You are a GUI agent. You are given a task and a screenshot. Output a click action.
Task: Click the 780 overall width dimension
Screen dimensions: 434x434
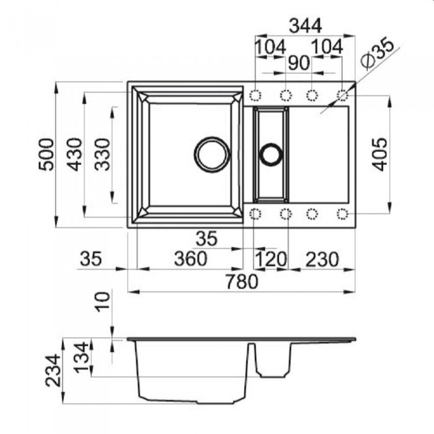click(x=242, y=281)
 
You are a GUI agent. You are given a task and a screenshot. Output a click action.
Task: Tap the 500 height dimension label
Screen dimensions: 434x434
click(x=46, y=154)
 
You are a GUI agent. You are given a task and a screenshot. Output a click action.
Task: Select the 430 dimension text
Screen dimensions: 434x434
click(x=74, y=154)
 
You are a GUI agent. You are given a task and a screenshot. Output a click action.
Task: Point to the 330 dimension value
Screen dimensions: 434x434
click(x=102, y=154)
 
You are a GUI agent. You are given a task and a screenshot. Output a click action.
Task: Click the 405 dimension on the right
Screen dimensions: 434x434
click(x=379, y=154)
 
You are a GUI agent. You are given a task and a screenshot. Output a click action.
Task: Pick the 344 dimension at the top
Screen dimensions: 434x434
click(x=305, y=26)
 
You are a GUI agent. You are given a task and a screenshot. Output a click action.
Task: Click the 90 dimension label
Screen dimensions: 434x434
click(x=299, y=63)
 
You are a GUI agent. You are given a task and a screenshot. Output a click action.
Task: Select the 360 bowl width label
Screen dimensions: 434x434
click(x=191, y=259)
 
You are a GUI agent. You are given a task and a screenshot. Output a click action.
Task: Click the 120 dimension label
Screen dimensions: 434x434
click(x=271, y=259)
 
